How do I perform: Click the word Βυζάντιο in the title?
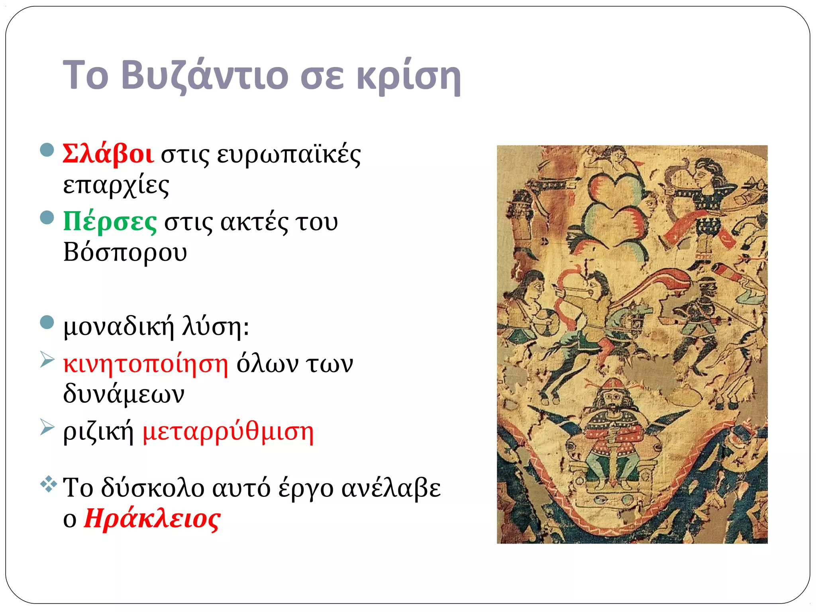point(204,76)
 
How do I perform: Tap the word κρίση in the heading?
point(408,76)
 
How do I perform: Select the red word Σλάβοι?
point(108,154)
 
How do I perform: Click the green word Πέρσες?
point(110,222)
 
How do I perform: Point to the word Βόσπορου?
point(125,253)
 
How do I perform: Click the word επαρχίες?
point(116,185)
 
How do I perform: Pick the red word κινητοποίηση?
point(146,363)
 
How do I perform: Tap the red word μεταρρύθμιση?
point(228,432)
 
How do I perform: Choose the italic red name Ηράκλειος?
point(152,519)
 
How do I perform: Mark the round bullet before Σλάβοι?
point(47,150)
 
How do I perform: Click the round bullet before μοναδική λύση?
point(47,322)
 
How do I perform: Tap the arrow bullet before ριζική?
point(47,428)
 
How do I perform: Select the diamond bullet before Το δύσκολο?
point(48,484)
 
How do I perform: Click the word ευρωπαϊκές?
point(288,155)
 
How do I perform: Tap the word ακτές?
point(254,222)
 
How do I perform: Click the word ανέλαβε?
point(391,488)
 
